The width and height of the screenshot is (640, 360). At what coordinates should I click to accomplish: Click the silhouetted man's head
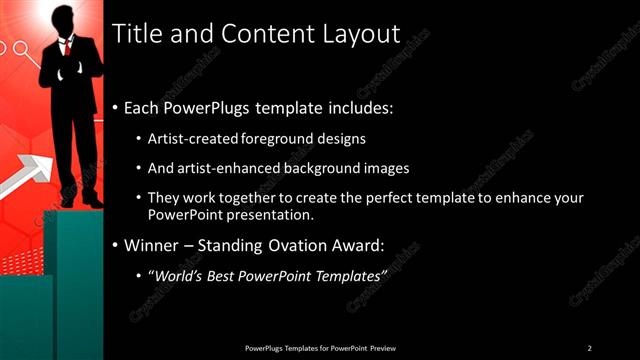click(63, 18)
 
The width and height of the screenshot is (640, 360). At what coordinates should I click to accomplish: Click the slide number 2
click(589, 347)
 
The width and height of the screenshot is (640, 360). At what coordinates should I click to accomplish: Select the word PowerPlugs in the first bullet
click(199, 105)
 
